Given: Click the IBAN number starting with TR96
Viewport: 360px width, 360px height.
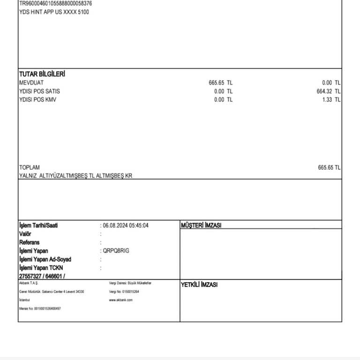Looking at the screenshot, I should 55,3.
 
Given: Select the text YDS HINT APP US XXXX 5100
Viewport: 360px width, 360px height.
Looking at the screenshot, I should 54,12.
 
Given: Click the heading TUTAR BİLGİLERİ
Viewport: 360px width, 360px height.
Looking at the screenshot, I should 42,74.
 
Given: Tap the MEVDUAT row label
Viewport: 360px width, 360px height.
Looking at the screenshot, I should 31,83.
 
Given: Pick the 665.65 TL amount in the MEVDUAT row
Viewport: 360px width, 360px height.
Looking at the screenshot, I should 220,83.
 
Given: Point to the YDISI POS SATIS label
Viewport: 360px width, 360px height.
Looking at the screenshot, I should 39,91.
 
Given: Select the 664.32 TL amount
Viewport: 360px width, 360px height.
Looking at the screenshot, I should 328,91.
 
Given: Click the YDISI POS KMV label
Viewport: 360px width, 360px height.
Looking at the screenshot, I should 37,100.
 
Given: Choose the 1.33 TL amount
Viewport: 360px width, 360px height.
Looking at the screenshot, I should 331,100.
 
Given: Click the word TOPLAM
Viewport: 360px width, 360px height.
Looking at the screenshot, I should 30,167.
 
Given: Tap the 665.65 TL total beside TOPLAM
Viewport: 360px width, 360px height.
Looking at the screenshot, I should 329,167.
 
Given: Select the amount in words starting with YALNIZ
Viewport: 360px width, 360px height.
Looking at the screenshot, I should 79,176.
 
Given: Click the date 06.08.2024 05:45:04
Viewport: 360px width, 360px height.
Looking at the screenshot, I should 126,225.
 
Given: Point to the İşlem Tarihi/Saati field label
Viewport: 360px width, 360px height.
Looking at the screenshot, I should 38,225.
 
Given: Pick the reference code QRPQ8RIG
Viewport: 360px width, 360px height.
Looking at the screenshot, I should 116,251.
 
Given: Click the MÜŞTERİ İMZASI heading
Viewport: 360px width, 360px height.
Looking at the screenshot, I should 201,225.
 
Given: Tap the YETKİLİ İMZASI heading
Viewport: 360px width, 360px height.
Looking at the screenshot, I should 199,285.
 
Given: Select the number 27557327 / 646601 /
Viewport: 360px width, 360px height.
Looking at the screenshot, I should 42,277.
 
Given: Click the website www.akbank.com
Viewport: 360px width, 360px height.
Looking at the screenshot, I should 121,300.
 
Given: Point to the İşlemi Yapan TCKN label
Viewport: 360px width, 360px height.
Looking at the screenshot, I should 41,268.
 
